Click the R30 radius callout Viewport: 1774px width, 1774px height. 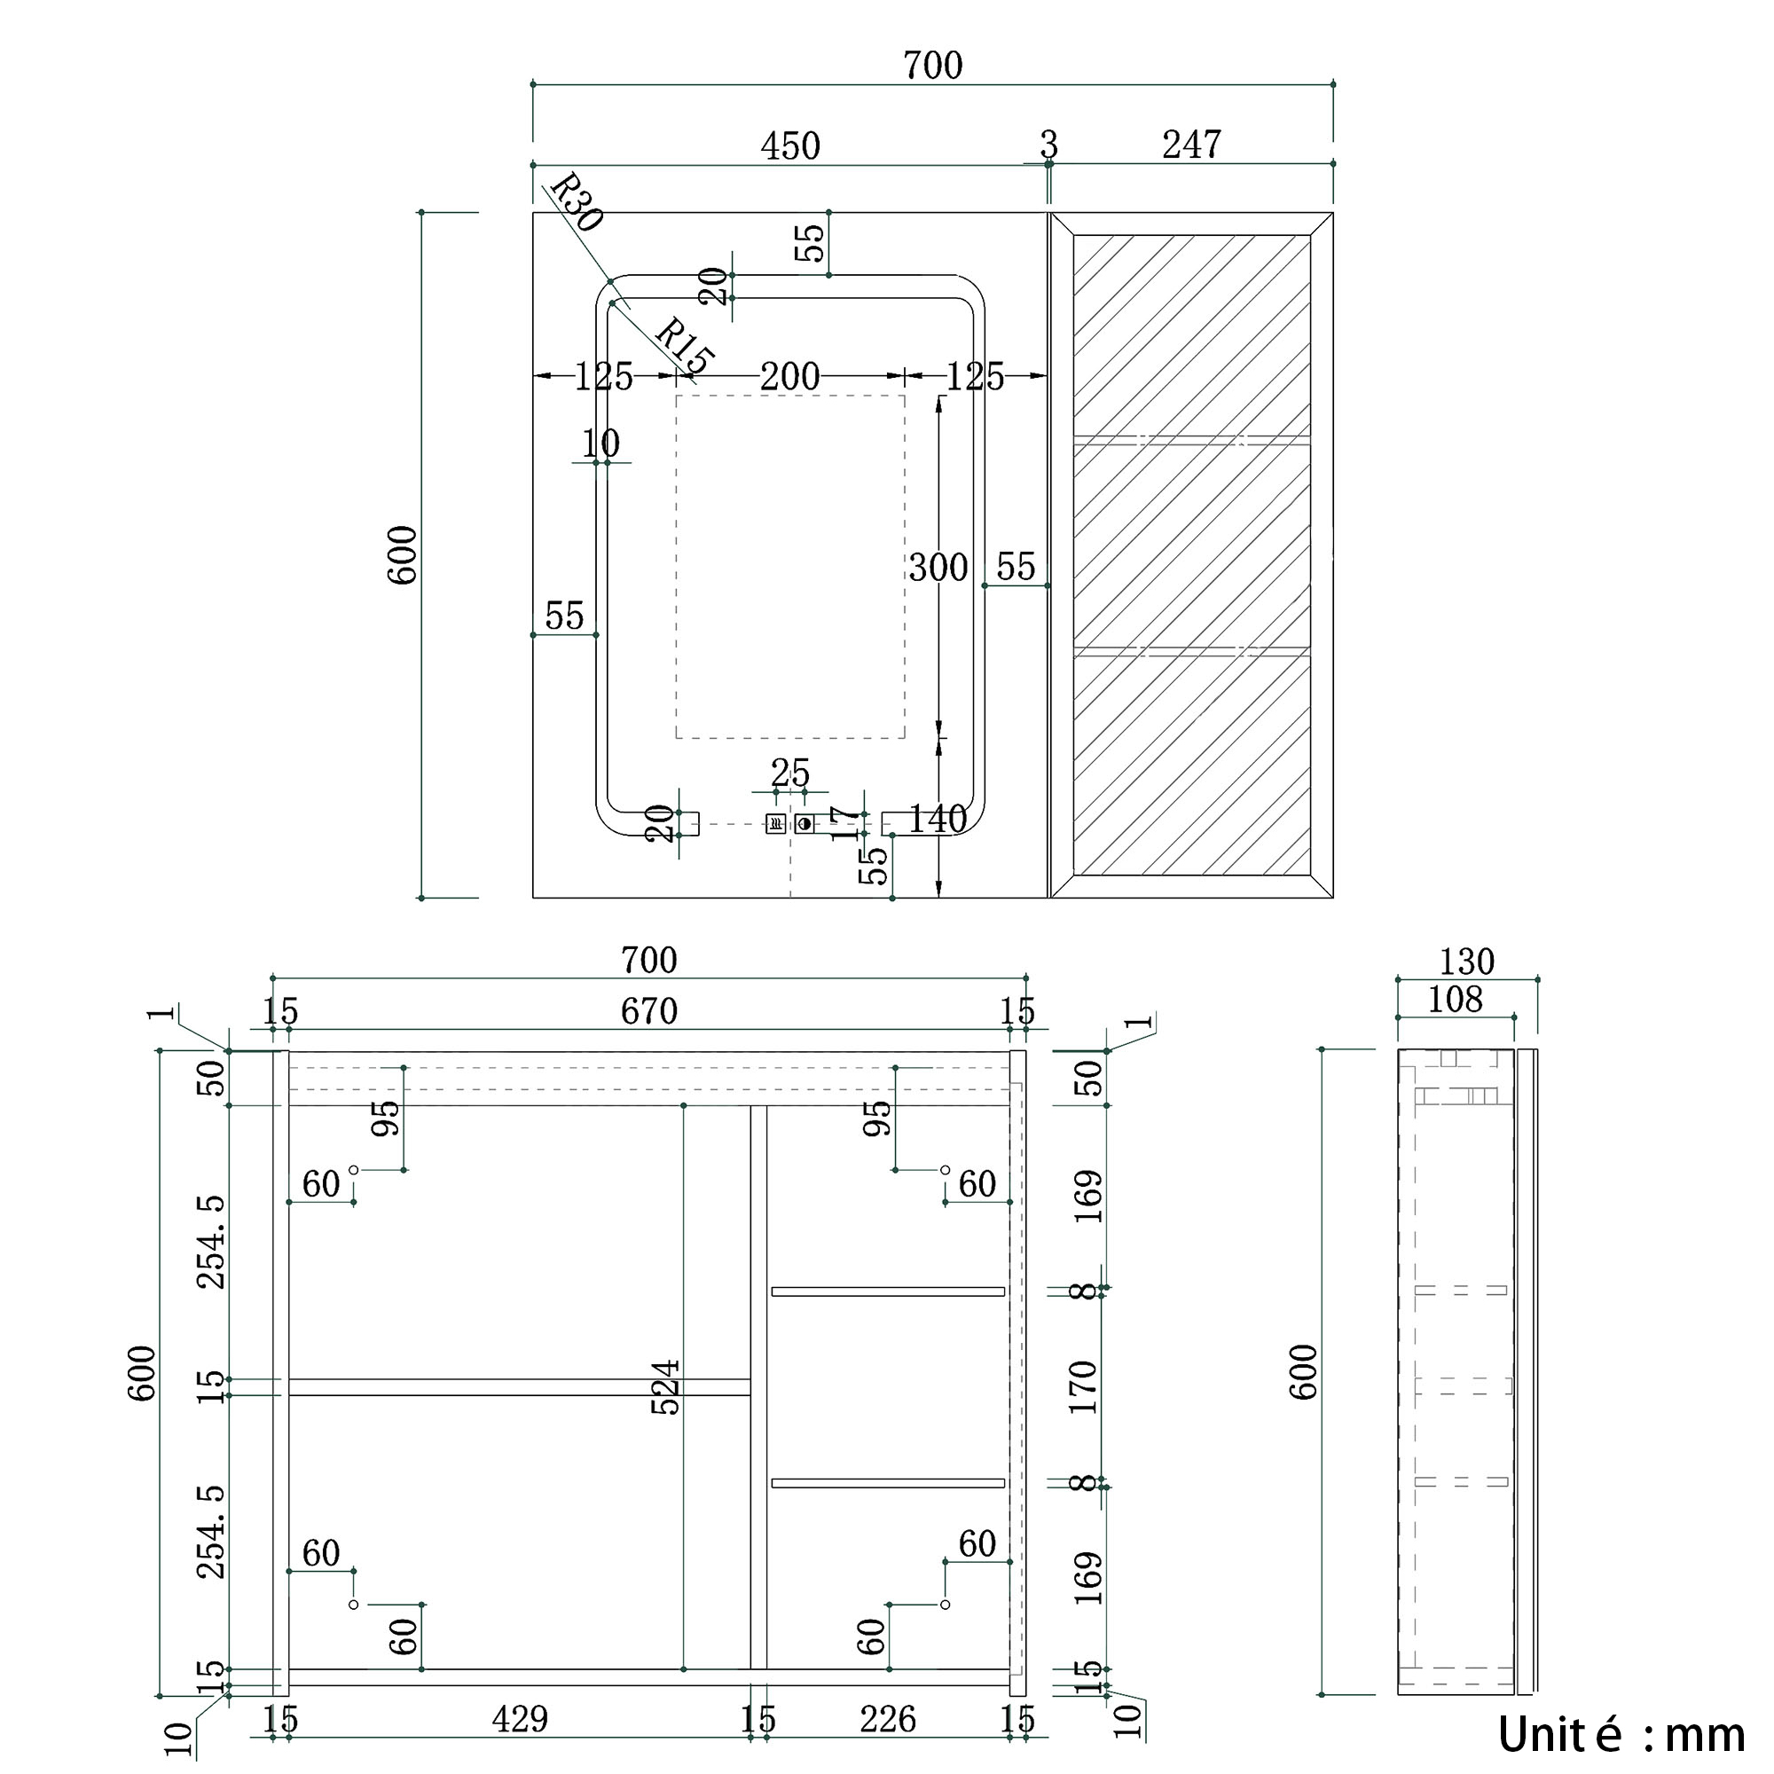(x=576, y=202)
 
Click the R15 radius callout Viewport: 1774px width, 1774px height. (x=684, y=345)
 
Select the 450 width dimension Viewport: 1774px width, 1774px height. (x=789, y=146)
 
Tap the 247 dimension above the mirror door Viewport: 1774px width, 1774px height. (x=1191, y=145)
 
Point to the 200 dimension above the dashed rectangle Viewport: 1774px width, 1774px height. (x=789, y=376)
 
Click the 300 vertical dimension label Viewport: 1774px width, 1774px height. (x=938, y=568)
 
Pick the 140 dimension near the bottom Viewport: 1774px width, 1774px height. (x=938, y=819)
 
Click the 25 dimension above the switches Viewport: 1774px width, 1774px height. (x=789, y=773)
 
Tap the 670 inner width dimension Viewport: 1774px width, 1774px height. (x=648, y=1012)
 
